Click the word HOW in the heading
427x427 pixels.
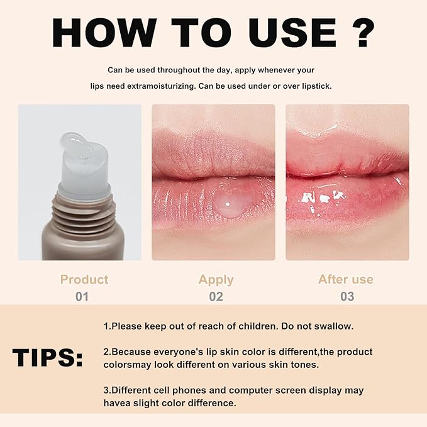pos(104,33)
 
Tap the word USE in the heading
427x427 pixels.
pos(294,33)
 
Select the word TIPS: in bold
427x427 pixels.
pos(47,357)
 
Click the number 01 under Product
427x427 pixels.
pos(82,297)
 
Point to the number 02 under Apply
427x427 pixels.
pos(216,297)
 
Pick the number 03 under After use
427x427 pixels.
pos(347,297)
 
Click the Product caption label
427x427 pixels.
pos(84,280)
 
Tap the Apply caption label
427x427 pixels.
pos(216,280)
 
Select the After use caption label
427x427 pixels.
pos(346,279)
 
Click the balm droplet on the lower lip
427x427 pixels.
pos(231,205)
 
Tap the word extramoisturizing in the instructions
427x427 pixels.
pos(162,86)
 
